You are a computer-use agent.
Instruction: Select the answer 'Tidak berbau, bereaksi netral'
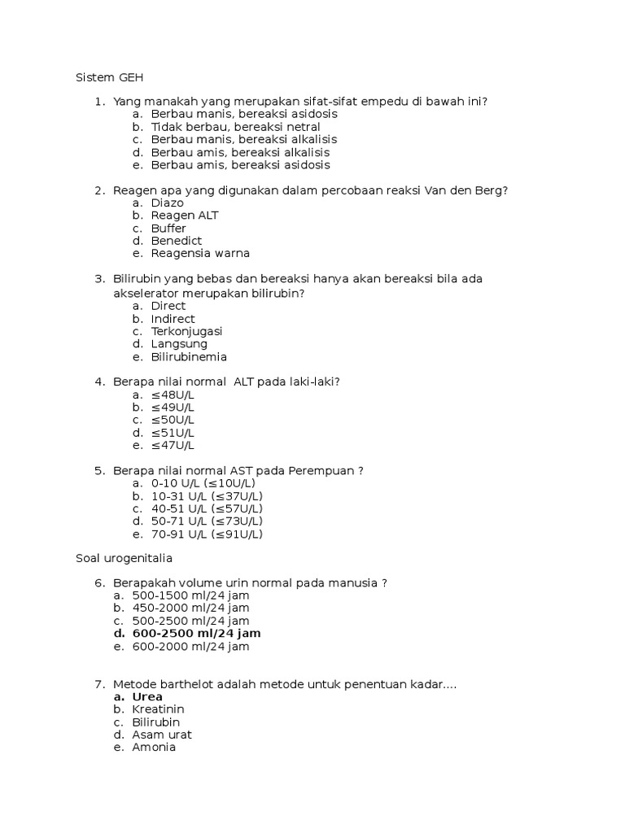(x=235, y=127)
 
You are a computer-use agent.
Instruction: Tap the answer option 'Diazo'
(x=168, y=203)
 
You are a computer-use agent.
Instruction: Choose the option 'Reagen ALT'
(x=185, y=216)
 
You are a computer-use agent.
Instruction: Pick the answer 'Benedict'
(x=177, y=241)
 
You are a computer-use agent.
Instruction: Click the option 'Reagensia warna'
(x=200, y=253)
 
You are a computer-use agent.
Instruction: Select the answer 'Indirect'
(x=173, y=319)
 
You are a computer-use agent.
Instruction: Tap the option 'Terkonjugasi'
(x=186, y=331)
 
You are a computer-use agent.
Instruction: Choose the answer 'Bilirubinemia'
(x=189, y=356)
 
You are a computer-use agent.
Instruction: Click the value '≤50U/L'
(x=173, y=420)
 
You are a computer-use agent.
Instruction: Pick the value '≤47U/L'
(x=173, y=445)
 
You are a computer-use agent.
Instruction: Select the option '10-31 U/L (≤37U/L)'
(x=207, y=496)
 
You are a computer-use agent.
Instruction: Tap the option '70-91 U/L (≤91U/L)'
(x=207, y=534)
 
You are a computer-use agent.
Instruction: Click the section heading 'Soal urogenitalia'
(x=124, y=558)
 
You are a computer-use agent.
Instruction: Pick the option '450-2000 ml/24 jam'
(x=190, y=608)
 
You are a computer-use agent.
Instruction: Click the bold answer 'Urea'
(x=147, y=697)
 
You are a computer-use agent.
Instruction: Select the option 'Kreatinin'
(x=158, y=709)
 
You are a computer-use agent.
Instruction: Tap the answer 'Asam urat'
(x=162, y=735)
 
